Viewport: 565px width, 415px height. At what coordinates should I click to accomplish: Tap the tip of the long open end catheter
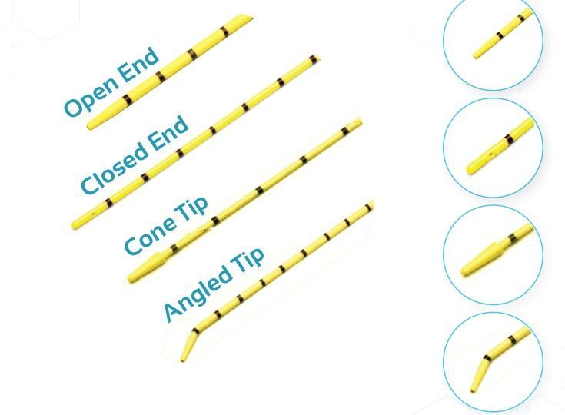[92, 124]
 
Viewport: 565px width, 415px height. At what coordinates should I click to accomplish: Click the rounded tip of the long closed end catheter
[76, 224]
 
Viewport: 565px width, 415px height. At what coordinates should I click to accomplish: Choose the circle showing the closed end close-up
[494, 147]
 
